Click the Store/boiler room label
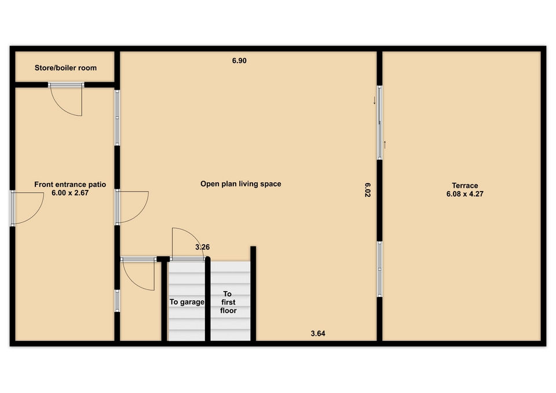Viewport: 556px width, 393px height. pyautogui.click(x=65, y=68)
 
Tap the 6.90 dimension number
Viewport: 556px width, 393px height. pyautogui.click(x=239, y=61)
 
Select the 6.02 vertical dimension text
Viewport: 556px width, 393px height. pyautogui.click(x=368, y=190)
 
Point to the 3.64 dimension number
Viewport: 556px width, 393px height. pyautogui.click(x=318, y=333)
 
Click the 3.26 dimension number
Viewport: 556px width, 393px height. pyautogui.click(x=203, y=247)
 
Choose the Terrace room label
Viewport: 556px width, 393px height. pyautogui.click(x=465, y=185)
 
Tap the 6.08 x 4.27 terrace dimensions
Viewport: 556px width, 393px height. pyautogui.click(x=465, y=194)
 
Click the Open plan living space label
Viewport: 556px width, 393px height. pyautogui.click(x=241, y=184)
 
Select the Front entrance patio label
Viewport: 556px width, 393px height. pyautogui.click(x=70, y=184)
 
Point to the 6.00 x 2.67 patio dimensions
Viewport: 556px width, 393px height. pyautogui.click(x=70, y=193)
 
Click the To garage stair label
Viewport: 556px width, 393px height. pyautogui.click(x=187, y=302)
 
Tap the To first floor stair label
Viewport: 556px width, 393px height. pyautogui.click(x=228, y=302)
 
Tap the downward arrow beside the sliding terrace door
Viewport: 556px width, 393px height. pyautogui.click(x=374, y=101)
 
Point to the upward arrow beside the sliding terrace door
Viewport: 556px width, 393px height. pyautogui.click(x=385, y=145)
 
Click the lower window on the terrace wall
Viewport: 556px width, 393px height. pyautogui.click(x=379, y=269)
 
